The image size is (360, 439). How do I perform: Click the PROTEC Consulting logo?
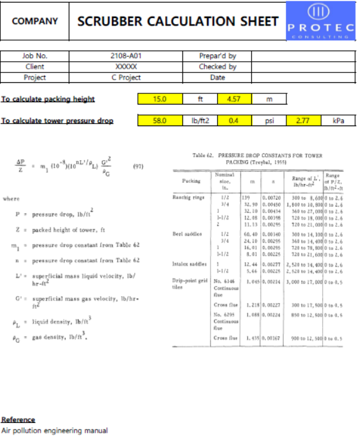point(321,21)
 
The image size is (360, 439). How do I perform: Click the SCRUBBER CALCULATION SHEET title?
point(178,21)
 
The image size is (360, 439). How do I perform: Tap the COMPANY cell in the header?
point(35,21)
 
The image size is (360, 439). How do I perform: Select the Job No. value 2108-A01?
point(126,56)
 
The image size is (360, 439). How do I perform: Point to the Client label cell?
point(35,66)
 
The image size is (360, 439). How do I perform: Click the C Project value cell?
point(126,77)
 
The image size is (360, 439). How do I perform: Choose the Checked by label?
point(217,66)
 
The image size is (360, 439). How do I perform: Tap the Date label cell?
point(217,77)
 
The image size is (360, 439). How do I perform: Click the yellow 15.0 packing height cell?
point(160,99)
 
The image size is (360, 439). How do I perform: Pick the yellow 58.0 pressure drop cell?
point(160,121)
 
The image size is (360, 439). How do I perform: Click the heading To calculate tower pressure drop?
point(57,121)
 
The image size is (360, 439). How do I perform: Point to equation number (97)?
point(140,166)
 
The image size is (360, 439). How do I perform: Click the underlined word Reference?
point(18,419)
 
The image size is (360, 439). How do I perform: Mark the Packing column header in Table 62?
point(191,181)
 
